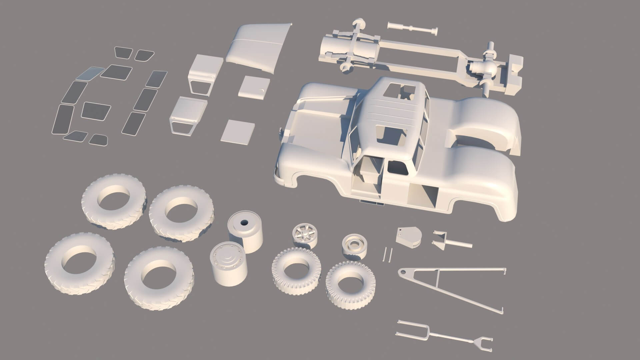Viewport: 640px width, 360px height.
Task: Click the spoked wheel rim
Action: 304,235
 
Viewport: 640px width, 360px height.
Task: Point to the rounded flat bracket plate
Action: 409,237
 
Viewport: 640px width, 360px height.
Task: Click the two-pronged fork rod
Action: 443,340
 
